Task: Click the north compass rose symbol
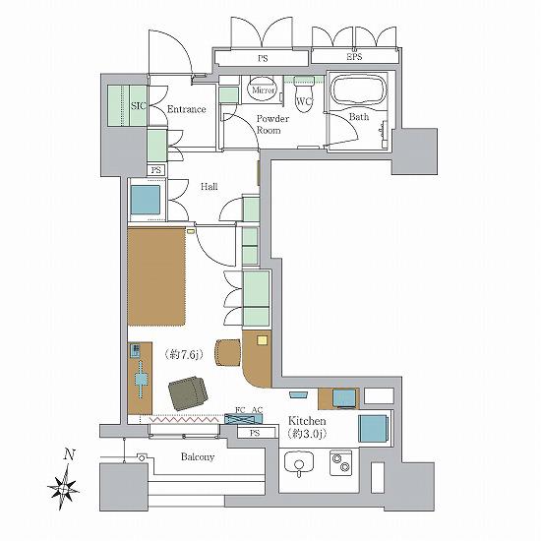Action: pyautogui.click(x=64, y=487)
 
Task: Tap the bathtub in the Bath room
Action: pyautogui.click(x=358, y=89)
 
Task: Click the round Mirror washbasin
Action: pyautogui.click(x=263, y=90)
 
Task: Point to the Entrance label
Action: pyautogui.click(x=186, y=109)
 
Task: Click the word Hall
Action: pyautogui.click(x=210, y=187)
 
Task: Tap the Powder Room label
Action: pyautogui.click(x=272, y=125)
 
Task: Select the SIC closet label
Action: pyautogui.click(x=139, y=105)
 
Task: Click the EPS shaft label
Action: pyautogui.click(x=354, y=57)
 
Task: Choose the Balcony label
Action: pyautogui.click(x=198, y=457)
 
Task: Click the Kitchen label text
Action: pyautogui.click(x=307, y=421)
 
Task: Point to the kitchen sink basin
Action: pyautogui.click(x=299, y=463)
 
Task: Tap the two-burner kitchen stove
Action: pyautogui.click(x=341, y=462)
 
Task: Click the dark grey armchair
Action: pyautogui.click(x=189, y=393)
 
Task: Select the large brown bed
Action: pyautogui.click(x=156, y=276)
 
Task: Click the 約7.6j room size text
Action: pyautogui.click(x=184, y=355)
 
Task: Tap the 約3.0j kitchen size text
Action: pyautogui.click(x=307, y=434)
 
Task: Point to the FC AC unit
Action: pyautogui.click(x=243, y=419)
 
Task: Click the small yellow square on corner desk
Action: pyautogui.click(x=263, y=340)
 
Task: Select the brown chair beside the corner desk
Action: pyautogui.click(x=228, y=352)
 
